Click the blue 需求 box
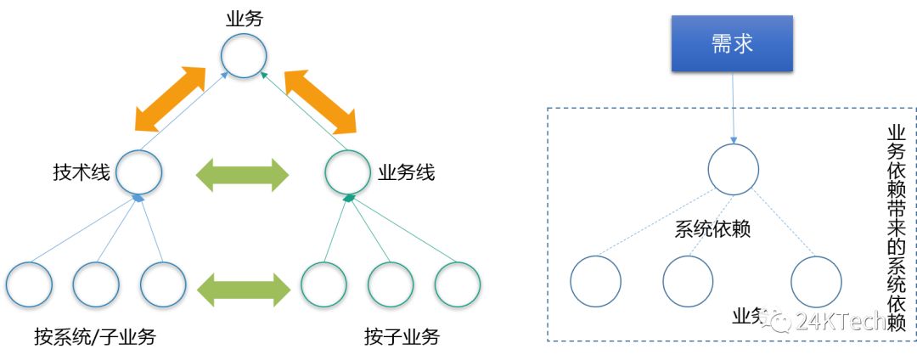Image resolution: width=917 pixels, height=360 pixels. click(x=732, y=43)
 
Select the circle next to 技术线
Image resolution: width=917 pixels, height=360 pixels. click(x=139, y=172)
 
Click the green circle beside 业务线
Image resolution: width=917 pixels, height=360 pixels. click(x=348, y=172)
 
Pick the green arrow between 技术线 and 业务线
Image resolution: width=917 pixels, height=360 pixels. click(x=243, y=175)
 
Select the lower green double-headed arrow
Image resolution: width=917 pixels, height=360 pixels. click(x=243, y=288)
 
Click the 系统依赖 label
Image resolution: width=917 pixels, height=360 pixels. click(x=712, y=229)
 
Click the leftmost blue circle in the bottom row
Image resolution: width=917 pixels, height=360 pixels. click(x=29, y=285)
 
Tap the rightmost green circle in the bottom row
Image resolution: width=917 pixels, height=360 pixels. click(x=458, y=285)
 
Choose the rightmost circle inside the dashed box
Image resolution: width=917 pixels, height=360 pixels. click(x=816, y=281)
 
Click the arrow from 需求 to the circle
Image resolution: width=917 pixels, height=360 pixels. click(x=733, y=107)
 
